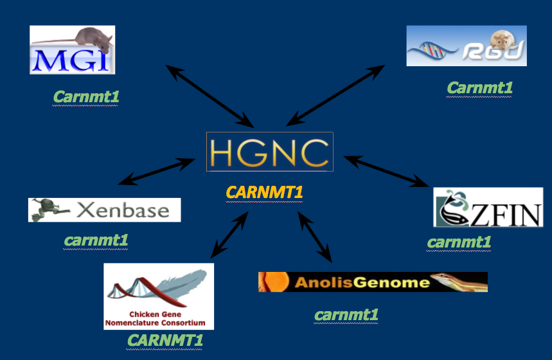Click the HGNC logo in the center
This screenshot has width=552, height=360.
click(270, 152)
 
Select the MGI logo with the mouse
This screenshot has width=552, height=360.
click(72, 50)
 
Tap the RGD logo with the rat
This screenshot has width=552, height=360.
click(466, 46)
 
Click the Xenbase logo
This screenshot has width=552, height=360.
click(104, 210)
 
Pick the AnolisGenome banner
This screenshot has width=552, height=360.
click(373, 282)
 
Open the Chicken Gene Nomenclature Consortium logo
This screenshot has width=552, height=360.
click(159, 296)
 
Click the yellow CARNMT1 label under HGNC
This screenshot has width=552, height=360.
click(264, 192)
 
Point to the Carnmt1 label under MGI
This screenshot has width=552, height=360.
click(86, 97)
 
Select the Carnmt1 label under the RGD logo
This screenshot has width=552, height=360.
click(479, 87)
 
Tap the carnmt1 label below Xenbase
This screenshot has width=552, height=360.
click(96, 240)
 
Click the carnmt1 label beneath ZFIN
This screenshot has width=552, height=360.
click(459, 242)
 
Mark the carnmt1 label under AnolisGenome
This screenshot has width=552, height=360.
click(346, 315)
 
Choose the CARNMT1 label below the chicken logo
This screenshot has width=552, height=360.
click(165, 340)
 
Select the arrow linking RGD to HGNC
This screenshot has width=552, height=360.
click(335, 94)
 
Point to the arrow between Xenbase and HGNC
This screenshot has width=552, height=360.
click(157, 172)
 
